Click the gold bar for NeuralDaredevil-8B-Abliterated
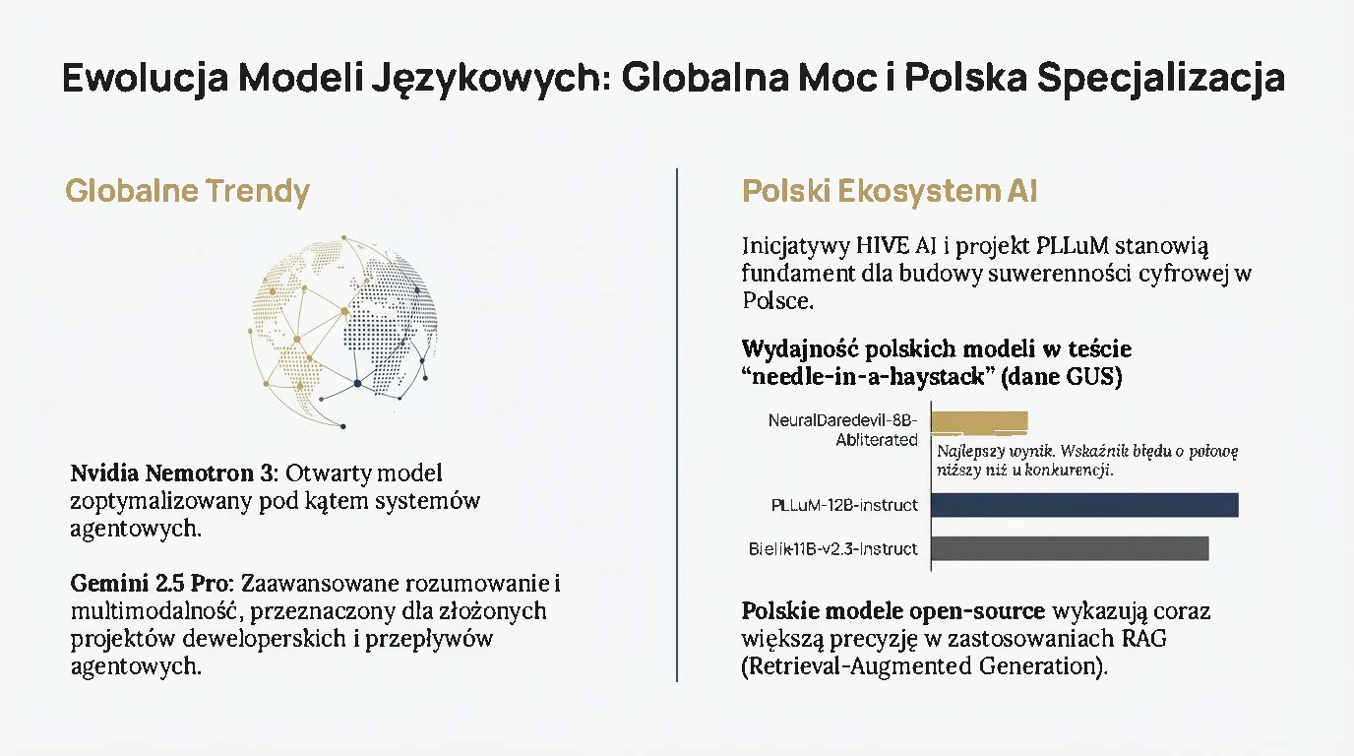click(979, 421)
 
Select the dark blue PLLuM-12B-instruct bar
click(1083, 505)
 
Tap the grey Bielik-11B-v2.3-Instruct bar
click(1069, 548)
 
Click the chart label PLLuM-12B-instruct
click(844, 505)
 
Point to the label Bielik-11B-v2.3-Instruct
click(832, 548)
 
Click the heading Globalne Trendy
click(187, 191)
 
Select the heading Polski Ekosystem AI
click(889, 191)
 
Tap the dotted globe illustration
click(344, 330)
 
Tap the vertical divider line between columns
click(677, 423)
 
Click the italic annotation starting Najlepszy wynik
click(1086, 461)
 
